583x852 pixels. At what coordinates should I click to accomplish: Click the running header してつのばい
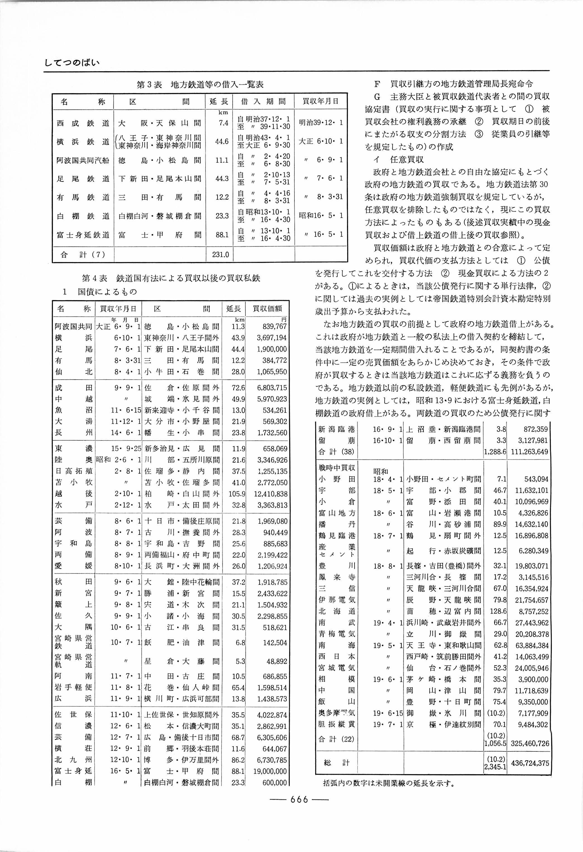[72, 62]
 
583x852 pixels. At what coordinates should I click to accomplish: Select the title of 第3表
[200, 85]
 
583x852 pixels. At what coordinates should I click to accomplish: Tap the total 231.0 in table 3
[220, 254]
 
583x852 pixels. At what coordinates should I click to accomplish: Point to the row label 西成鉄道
[83, 123]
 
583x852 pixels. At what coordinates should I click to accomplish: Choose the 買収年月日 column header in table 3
[320, 101]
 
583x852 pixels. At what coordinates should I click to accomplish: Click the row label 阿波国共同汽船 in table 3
[83, 160]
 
